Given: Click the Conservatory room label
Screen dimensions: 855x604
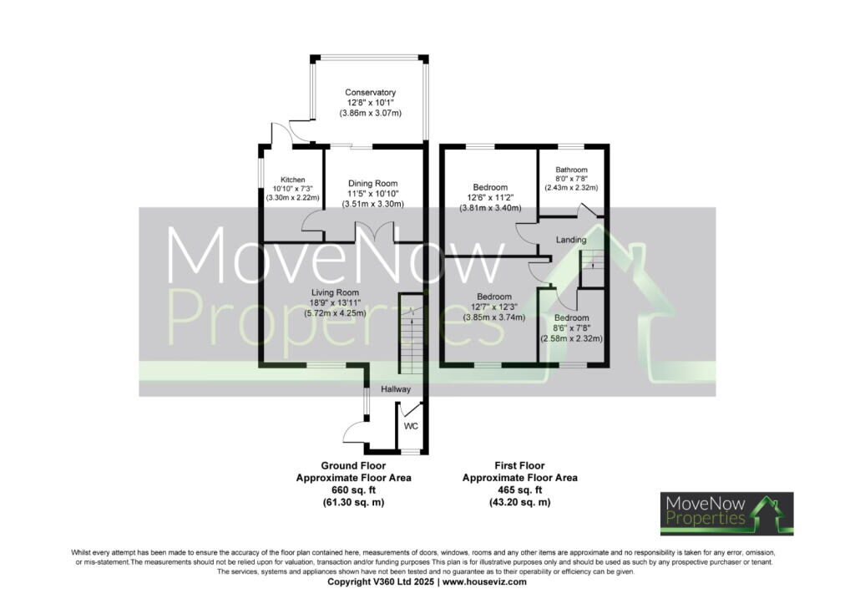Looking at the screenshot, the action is tap(370, 93).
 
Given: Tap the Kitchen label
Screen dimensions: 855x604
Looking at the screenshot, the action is tap(293, 180).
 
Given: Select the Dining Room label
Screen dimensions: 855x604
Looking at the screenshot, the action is tap(373, 184).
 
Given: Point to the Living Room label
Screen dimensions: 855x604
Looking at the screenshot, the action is tap(336, 293).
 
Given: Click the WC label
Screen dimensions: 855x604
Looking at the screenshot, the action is tap(411, 426).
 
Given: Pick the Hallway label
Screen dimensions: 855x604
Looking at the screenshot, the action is tap(395, 389).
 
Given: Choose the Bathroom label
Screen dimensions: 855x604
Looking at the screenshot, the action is tap(571, 170).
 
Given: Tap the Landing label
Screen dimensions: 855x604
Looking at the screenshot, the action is tap(571, 240).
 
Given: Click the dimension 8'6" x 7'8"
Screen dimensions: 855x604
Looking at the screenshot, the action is tap(571, 328).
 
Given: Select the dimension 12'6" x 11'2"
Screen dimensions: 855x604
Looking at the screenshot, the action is tap(490, 197).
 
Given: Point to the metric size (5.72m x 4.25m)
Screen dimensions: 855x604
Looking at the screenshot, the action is tap(336, 313).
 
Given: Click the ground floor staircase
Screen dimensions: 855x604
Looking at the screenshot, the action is tap(411, 333).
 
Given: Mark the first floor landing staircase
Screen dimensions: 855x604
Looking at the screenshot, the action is tap(592, 268).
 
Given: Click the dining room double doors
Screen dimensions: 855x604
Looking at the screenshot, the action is tap(375, 231).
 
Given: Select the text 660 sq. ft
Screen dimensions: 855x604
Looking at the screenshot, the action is tap(353, 490).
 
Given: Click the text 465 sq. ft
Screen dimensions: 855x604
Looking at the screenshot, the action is tap(519, 490).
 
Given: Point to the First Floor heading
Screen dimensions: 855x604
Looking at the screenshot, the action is tap(519, 466).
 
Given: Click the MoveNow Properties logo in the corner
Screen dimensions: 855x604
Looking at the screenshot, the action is tap(727, 514).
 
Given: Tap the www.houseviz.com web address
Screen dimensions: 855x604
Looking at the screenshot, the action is tap(484, 581).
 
